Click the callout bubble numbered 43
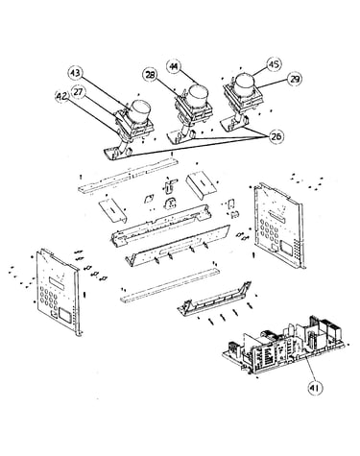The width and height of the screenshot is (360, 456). pyautogui.click(x=76, y=73)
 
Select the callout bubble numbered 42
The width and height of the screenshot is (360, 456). pyautogui.click(x=62, y=97)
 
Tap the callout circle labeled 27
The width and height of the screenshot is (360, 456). pyautogui.click(x=79, y=92)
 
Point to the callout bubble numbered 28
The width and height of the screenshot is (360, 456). pyautogui.click(x=150, y=75)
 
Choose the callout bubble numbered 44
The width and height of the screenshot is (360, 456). pyautogui.click(x=174, y=66)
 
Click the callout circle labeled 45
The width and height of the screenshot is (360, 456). pyautogui.click(x=274, y=65)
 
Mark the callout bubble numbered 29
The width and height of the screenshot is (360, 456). pyautogui.click(x=294, y=79)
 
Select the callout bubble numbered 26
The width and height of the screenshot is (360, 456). pyautogui.click(x=276, y=136)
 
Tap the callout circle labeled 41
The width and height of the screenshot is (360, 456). pyautogui.click(x=315, y=388)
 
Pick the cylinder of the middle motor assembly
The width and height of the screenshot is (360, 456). pyautogui.click(x=198, y=95)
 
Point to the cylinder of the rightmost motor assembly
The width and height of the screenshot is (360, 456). pyautogui.click(x=246, y=84)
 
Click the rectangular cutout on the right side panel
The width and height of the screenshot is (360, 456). pyautogui.click(x=285, y=247)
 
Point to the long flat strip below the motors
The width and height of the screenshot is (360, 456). pyautogui.click(x=128, y=176)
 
